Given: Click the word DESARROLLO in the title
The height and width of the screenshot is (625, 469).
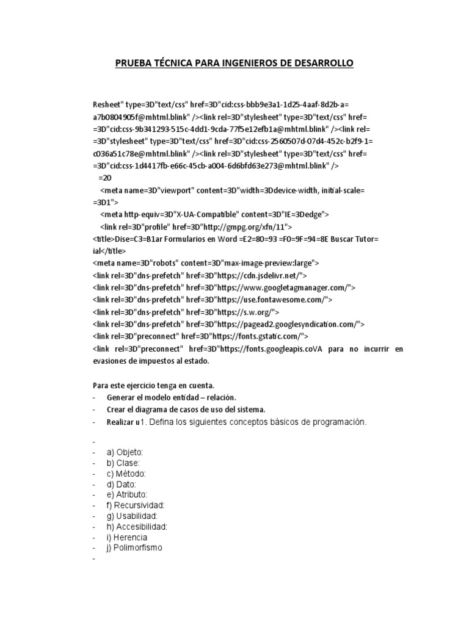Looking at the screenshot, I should [x=322, y=63].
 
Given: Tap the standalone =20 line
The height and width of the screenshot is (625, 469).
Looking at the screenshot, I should [x=105, y=178].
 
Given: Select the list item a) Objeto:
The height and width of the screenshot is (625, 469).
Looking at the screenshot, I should [x=125, y=452].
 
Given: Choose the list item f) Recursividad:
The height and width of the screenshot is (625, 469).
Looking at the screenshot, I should [x=136, y=505].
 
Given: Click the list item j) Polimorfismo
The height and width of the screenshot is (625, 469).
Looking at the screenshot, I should [x=134, y=547].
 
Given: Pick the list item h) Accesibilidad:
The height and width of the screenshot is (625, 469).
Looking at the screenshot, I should [x=137, y=526].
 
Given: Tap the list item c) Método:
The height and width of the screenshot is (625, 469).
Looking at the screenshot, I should [x=126, y=474].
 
